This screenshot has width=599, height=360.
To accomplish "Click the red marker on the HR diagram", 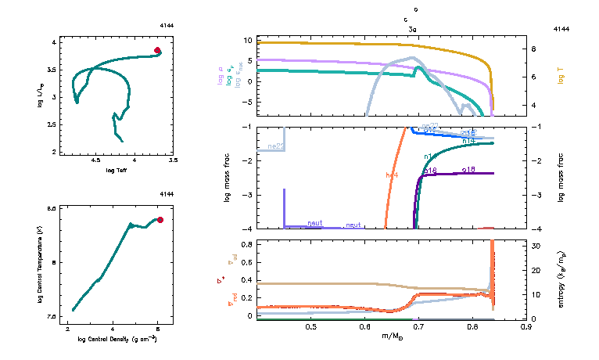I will tap(157, 50).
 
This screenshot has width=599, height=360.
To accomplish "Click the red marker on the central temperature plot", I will tap(160, 220).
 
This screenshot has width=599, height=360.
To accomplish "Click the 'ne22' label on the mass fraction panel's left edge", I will tap(275, 146).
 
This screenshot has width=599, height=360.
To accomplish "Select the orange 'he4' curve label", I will tap(393, 175).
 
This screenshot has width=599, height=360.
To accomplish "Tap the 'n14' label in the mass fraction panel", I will tap(468, 140).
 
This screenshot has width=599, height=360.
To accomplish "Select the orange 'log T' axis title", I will tap(561, 77).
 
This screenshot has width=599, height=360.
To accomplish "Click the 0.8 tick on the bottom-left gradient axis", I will tap(245, 244).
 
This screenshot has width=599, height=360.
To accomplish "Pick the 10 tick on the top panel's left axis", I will tap(246, 40).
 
